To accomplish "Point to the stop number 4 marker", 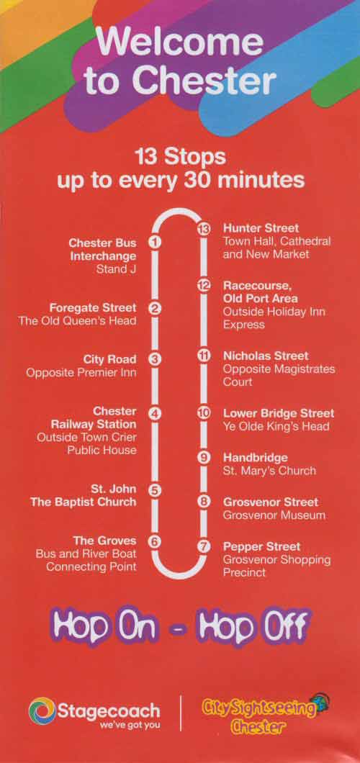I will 153,414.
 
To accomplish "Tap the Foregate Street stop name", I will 93,308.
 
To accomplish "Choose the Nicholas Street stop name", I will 266,356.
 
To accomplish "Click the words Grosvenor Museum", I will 274,515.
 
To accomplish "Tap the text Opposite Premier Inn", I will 81,372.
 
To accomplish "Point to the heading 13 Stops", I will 180,155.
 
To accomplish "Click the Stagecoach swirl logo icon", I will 42,712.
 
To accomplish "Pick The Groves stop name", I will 105,541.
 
